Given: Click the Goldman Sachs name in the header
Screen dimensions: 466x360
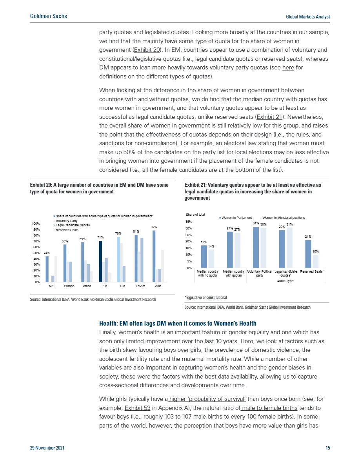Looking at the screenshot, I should [x=48, y=16].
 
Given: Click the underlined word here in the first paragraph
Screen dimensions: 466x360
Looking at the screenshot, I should [x=288, y=67].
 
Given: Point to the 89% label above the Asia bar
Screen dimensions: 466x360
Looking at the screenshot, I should [x=153, y=227].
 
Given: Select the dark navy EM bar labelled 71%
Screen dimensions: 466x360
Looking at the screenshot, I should [x=100, y=261].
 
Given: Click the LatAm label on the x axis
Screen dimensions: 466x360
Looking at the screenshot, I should [x=140, y=286].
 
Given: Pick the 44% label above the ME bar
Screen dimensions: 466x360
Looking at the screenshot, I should [x=47, y=253].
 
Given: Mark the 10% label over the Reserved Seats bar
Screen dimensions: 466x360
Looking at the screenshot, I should [x=315, y=251].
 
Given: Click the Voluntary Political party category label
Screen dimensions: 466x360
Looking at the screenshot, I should [x=260, y=273].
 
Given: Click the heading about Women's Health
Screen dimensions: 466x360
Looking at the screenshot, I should [x=178, y=323].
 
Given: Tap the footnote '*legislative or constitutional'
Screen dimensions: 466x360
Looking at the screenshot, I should [x=205, y=297].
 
